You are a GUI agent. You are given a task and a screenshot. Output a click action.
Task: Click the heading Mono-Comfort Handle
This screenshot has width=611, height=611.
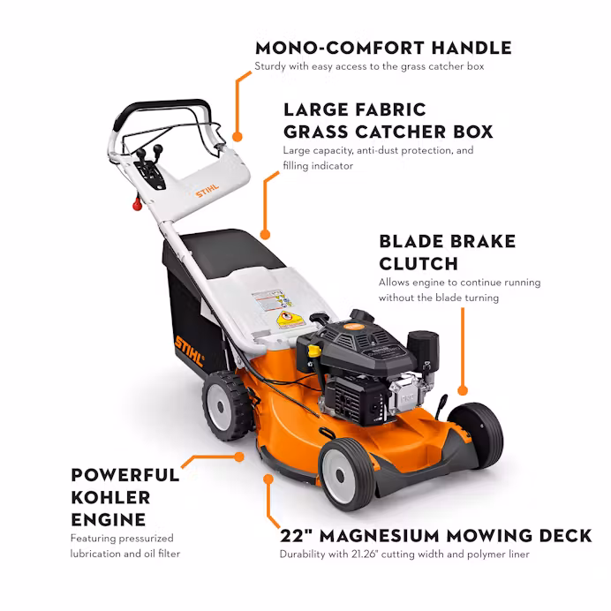click(383, 48)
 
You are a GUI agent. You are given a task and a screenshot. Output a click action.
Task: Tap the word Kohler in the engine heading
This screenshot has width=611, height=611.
click(110, 497)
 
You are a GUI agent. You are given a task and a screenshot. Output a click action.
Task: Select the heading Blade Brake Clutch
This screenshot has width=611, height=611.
click(448, 253)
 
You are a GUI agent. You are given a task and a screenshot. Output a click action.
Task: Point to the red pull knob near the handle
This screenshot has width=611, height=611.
click(137, 204)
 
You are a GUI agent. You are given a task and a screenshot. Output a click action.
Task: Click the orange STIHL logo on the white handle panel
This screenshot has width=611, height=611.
click(207, 191)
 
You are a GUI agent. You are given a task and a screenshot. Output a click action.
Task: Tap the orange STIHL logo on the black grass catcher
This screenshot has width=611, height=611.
click(189, 351)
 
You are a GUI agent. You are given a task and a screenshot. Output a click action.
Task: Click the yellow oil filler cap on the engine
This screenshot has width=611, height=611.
click(314, 351)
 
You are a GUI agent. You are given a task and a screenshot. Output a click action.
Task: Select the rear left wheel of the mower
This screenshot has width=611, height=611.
click(226, 405)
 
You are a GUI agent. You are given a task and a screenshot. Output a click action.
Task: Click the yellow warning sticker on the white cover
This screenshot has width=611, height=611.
click(290, 320)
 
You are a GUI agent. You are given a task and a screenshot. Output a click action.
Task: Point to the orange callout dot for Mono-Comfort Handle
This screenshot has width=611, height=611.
click(238, 136)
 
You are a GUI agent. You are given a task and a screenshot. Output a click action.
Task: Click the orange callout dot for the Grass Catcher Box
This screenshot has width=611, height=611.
click(265, 234)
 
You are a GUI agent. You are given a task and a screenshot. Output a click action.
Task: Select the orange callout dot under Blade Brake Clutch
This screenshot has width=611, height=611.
click(463, 390)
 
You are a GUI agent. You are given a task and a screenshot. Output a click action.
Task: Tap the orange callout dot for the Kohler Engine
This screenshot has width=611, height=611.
click(239, 456)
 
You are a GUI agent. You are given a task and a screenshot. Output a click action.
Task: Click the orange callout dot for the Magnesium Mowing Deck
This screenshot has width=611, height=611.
click(268, 479)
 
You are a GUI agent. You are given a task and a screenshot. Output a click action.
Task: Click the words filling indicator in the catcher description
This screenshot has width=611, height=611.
click(318, 166)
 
